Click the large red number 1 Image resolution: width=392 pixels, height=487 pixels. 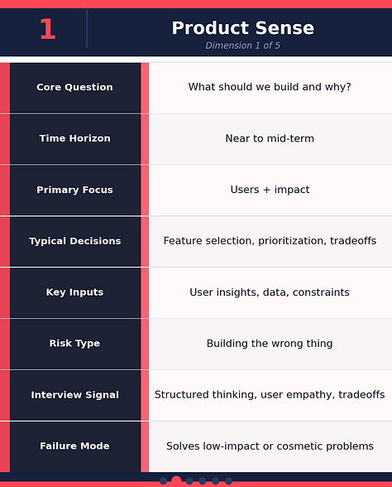[x=47, y=30]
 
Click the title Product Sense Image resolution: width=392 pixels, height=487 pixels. [x=242, y=28]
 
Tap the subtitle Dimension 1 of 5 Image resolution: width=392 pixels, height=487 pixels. [x=242, y=46]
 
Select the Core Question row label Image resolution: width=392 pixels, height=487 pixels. [x=74, y=87]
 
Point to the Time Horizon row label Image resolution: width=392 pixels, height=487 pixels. [x=74, y=138]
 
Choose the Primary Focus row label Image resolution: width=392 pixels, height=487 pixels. [x=74, y=190]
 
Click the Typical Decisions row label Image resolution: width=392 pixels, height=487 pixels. [x=74, y=241]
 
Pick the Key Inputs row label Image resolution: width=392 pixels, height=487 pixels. [x=74, y=292]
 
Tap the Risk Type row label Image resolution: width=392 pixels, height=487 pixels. [x=74, y=344]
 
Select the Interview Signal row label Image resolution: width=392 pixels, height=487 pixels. [x=74, y=395]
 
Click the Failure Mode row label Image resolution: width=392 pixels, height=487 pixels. [x=74, y=446]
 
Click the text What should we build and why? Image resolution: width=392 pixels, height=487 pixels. [x=270, y=87]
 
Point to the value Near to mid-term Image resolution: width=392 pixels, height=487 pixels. [x=270, y=138]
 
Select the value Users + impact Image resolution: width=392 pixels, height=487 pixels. [x=270, y=190]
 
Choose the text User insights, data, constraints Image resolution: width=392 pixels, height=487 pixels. [x=270, y=292]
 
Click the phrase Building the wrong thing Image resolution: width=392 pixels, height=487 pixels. [x=270, y=344]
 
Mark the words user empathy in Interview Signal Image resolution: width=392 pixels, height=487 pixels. [x=294, y=395]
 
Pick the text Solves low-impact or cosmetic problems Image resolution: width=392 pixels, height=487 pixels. [x=270, y=446]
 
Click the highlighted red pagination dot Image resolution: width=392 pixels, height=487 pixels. [x=176, y=481]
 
